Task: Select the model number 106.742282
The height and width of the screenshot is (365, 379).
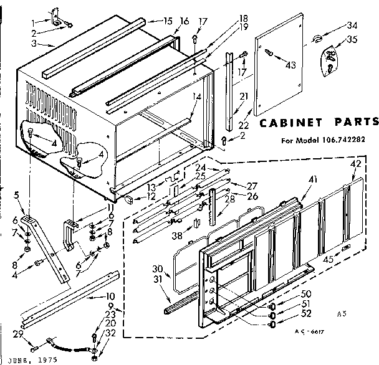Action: click(347, 139)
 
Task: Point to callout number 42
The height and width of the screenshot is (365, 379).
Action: click(355, 164)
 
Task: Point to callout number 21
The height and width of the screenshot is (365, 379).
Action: click(244, 95)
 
